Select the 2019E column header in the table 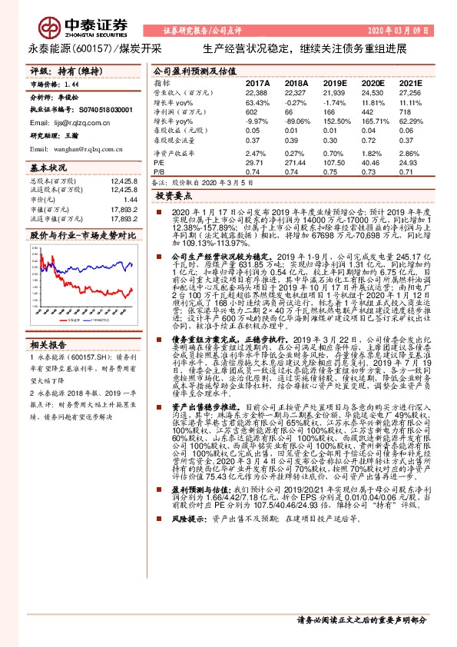[x=334, y=82]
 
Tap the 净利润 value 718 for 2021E [x=408, y=111]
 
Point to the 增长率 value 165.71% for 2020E [x=372, y=121]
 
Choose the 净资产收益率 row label [x=173, y=153]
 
